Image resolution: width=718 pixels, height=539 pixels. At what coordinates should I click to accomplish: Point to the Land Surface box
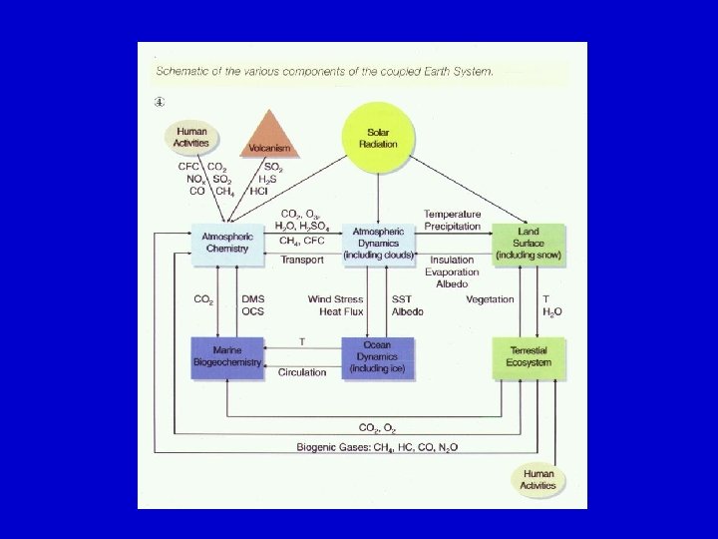[529, 244]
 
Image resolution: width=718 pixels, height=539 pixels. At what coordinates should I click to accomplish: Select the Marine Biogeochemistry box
[226, 357]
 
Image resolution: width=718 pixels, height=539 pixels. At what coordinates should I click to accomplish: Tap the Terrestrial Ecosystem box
[529, 357]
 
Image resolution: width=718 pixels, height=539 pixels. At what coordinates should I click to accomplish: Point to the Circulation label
[302, 371]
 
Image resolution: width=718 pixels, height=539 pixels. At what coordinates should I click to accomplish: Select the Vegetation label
[490, 299]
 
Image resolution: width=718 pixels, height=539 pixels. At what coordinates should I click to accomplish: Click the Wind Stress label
[333, 299]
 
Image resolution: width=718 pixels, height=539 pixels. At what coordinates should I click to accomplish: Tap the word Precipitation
[452, 227]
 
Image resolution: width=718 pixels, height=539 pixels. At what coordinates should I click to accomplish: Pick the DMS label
[253, 299]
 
